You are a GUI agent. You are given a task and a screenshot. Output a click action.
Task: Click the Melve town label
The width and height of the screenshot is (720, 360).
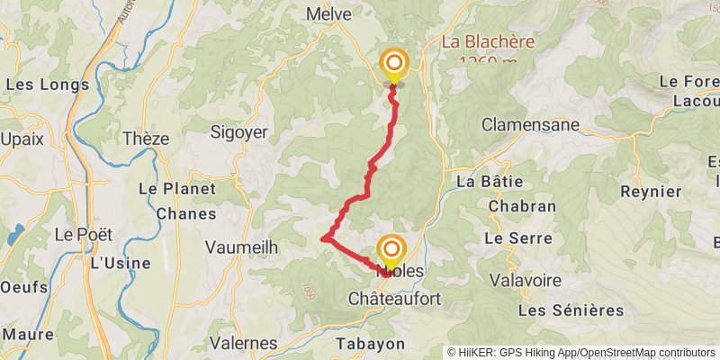[x=328, y=13]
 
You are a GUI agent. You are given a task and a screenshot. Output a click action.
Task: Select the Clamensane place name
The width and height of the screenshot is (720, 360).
[x=531, y=125]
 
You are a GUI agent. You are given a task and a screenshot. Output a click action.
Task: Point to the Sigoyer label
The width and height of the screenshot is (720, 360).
[x=238, y=132]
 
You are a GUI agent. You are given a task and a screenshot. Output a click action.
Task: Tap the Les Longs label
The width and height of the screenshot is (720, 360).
[x=48, y=85]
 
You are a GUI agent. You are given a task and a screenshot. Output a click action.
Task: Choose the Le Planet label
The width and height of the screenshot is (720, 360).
[x=176, y=189]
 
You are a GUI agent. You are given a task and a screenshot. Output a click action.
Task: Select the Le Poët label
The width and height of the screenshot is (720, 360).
[x=84, y=234]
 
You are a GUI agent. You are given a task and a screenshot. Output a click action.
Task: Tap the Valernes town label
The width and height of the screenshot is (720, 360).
[x=243, y=343]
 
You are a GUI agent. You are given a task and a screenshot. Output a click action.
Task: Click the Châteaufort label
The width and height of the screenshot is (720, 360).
[x=393, y=298]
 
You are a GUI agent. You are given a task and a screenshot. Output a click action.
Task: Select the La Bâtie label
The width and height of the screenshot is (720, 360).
[x=490, y=181]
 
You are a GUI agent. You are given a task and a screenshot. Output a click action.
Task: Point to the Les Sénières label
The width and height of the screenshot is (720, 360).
[x=571, y=310]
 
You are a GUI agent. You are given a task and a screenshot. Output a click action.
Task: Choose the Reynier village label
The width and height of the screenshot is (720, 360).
[x=651, y=192]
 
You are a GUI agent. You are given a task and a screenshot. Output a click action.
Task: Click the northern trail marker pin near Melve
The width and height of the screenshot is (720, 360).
[x=394, y=65]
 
